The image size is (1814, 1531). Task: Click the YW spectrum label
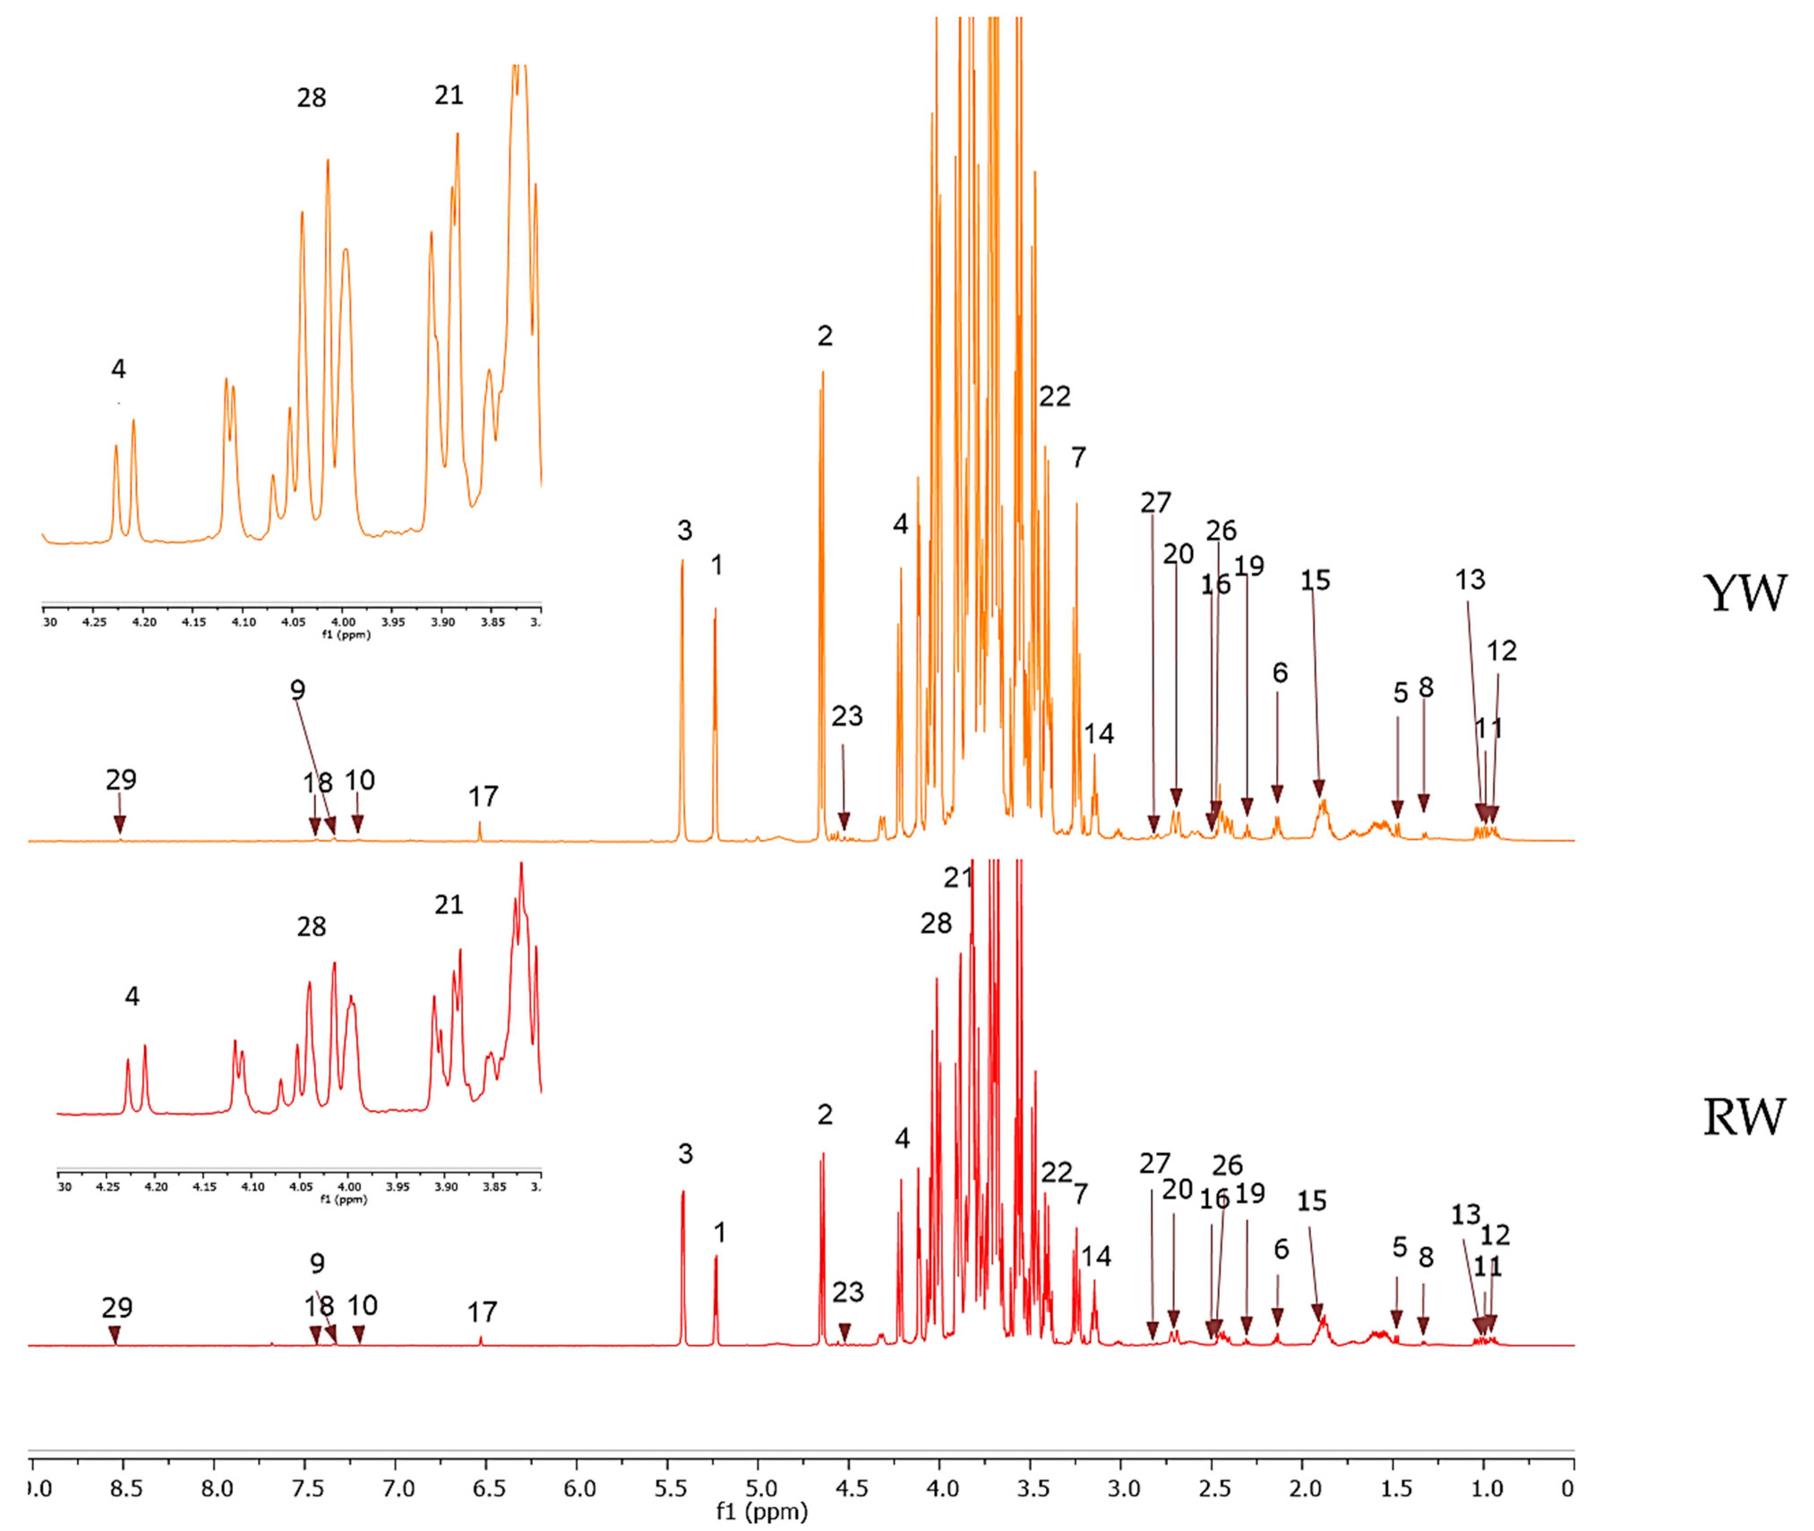point(1745,594)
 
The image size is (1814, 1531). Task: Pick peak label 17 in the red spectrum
point(483,1312)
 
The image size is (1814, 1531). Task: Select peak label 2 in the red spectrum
point(824,1115)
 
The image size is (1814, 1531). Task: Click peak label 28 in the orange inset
point(312,97)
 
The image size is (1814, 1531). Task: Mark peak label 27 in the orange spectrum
point(1155,502)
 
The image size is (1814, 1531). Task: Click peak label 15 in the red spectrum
point(1312,1201)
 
